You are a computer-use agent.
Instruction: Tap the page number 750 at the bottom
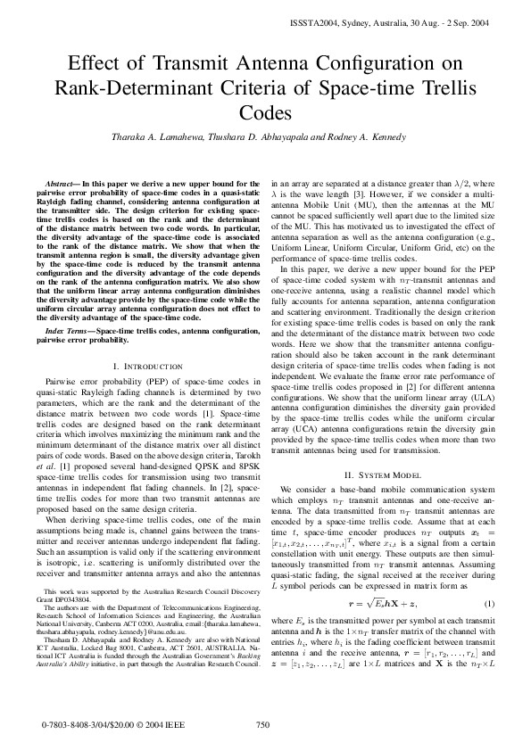(x=262, y=725)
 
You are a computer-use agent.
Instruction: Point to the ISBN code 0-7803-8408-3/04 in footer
(x=75, y=726)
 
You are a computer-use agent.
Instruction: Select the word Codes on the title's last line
(x=265, y=112)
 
